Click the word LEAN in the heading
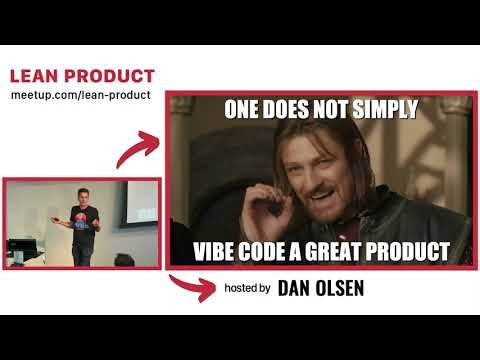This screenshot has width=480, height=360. point(32,76)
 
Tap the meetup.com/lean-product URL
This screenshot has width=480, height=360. point(80,95)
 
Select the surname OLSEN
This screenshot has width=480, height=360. point(340,289)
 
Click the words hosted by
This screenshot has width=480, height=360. point(247,289)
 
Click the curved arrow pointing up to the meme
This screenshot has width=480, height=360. point(137,150)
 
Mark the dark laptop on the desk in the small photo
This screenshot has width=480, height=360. point(20,248)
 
